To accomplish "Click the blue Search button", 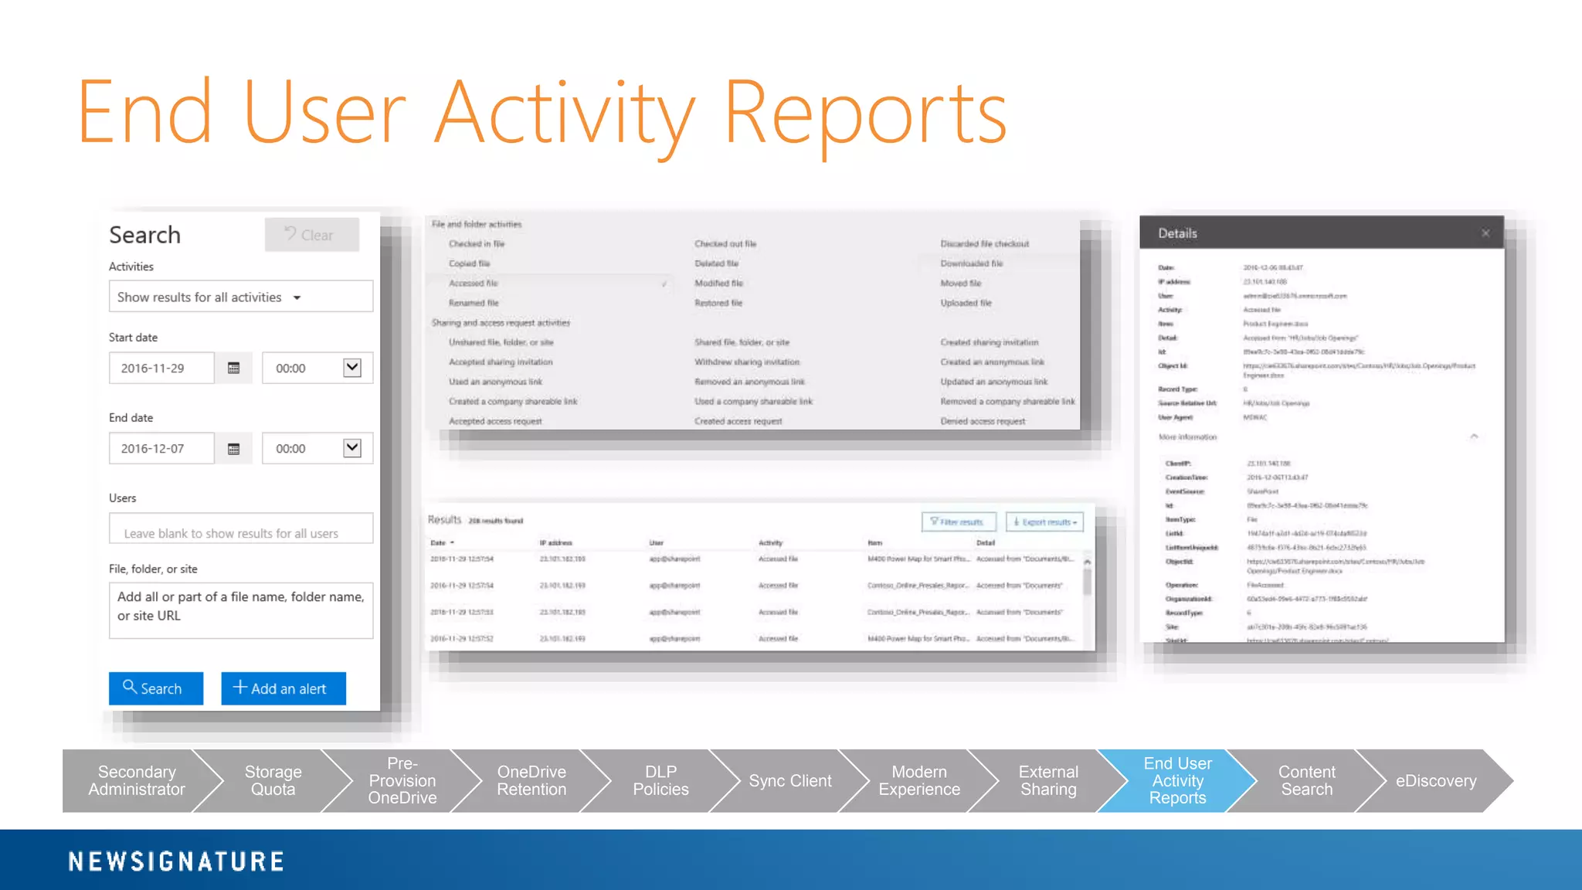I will (x=156, y=688).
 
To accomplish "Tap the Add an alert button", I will (x=283, y=688).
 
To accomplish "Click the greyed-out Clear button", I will (x=312, y=235).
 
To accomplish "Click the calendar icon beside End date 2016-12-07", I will (x=234, y=449).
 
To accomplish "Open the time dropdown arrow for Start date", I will (x=352, y=368).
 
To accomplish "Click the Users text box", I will (x=240, y=532).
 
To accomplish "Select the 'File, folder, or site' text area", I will (x=240, y=610).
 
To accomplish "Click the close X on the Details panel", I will (x=1485, y=233).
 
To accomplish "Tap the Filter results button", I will (x=959, y=522).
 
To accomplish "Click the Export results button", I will (x=1045, y=522).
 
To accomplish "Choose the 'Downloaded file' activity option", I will (x=972, y=263).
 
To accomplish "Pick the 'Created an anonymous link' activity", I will (x=992, y=362).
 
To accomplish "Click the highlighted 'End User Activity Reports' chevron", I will (x=1177, y=780).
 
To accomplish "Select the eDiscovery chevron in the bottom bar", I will (x=1435, y=781).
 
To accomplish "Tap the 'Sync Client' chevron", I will (x=789, y=781).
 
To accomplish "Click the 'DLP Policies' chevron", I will (x=660, y=781).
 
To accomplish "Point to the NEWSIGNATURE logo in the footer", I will (x=176, y=861).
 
